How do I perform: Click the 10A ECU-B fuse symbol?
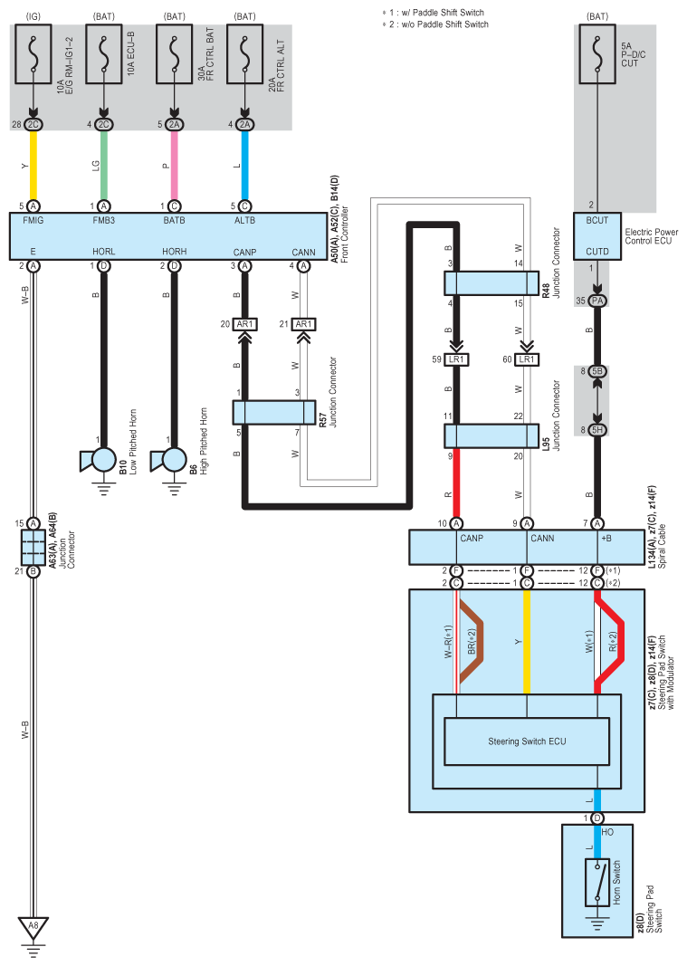103,53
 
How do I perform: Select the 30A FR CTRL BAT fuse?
175,53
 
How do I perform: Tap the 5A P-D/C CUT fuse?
597,53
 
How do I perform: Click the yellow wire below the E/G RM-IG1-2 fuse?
33,165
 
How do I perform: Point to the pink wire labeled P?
175,165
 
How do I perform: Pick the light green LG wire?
103,165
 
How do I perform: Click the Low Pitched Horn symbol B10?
99,461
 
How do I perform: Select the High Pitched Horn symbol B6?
169,461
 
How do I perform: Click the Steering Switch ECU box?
527,741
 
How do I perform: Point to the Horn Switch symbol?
597,882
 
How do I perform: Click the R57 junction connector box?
274,412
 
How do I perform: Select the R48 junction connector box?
491,283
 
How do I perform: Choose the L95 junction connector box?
491,435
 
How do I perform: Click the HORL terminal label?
103,252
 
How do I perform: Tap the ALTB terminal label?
244,220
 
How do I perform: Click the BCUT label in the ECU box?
597,220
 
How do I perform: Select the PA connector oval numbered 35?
597,301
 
